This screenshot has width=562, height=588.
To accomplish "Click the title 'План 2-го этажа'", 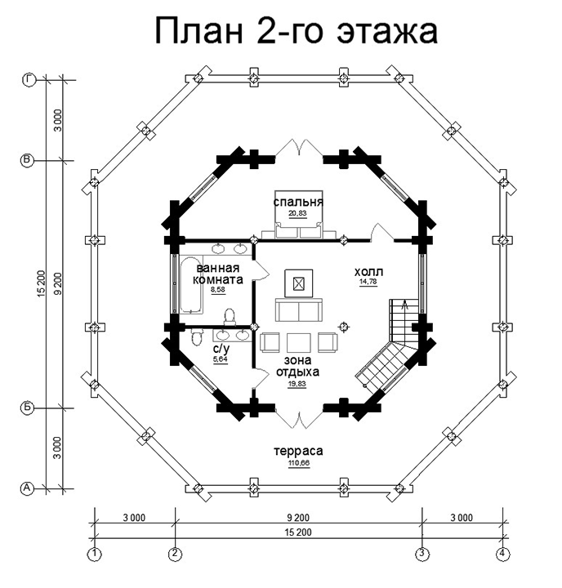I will [297, 32].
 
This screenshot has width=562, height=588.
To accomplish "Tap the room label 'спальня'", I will [298, 201].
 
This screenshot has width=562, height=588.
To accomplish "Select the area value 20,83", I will [298, 213].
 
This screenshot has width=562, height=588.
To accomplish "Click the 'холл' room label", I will [368, 271].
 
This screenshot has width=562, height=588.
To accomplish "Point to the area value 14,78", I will [368, 283].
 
